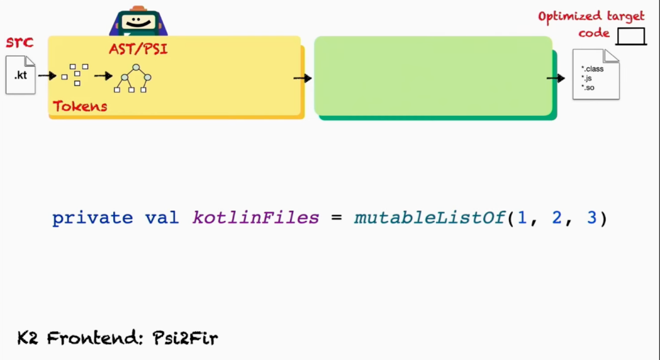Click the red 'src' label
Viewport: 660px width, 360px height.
[x=19, y=43]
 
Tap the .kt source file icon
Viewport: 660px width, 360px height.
[x=21, y=75]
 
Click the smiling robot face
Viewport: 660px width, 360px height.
[x=138, y=23]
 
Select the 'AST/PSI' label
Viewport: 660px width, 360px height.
[x=138, y=48]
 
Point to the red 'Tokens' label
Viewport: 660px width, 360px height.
[x=80, y=106]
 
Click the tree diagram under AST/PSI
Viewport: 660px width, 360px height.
[x=133, y=78]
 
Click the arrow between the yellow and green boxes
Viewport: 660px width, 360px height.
[x=303, y=78]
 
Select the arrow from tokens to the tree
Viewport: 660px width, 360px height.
[x=103, y=76]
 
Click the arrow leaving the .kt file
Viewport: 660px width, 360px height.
[x=47, y=76]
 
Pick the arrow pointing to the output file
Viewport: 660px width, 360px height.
[x=556, y=78]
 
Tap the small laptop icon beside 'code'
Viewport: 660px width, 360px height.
[x=630, y=37]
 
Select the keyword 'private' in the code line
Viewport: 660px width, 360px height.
[x=92, y=218]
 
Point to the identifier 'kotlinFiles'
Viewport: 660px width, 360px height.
[x=255, y=218]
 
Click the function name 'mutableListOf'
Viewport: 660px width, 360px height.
[x=430, y=218]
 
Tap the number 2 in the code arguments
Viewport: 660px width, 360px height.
[x=556, y=218]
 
